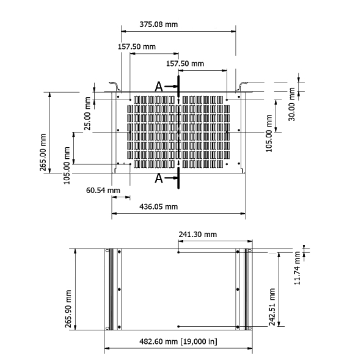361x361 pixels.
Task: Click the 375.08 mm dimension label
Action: tap(159, 24)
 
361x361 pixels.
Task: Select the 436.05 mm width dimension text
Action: tap(159, 206)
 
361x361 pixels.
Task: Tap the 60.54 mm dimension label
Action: tap(103, 190)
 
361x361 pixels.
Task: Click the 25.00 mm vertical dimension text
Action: tap(87, 114)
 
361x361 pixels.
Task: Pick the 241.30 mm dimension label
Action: tap(197, 234)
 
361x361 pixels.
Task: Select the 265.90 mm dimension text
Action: tap(69, 308)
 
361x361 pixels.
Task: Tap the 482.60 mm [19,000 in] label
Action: tap(178, 341)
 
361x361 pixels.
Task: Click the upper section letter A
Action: tap(159, 87)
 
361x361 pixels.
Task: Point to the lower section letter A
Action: tap(159, 178)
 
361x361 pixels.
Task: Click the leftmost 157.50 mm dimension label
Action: tap(136, 46)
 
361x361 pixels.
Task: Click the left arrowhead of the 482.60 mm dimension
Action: tap(107, 349)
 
